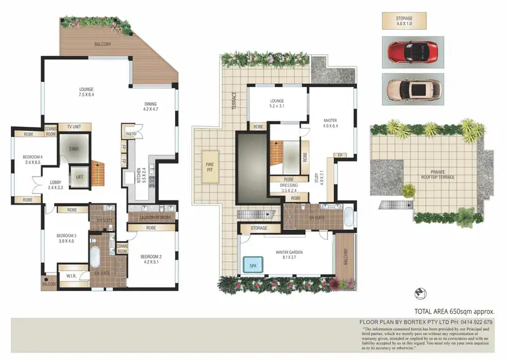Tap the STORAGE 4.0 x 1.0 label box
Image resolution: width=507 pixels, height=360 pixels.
pyautogui.click(x=408, y=20)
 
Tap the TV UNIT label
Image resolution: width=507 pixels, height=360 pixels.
pyautogui.click(x=74, y=127)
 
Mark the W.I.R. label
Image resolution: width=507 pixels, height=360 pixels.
pyautogui.click(x=71, y=276)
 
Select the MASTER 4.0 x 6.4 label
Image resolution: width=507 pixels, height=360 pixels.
pyautogui.click(x=330, y=124)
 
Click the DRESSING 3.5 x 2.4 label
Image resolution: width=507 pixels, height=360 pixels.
pyautogui.click(x=284, y=188)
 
